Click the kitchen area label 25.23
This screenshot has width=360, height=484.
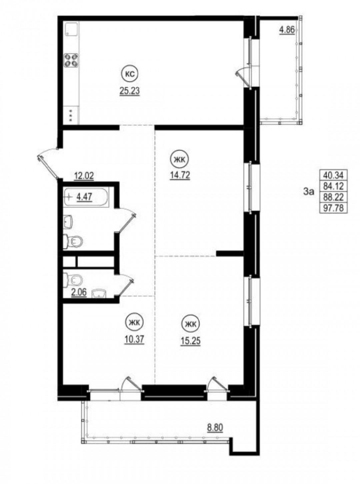point(130,90)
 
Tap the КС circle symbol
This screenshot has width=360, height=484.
point(129,74)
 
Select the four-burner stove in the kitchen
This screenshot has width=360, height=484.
point(71,60)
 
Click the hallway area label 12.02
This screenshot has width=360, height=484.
point(84,176)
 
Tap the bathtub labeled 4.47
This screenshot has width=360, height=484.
point(86,198)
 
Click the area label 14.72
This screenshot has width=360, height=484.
point(180,175)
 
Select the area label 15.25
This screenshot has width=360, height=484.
point(190,341)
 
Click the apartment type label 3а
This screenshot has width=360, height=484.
point(309,192)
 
